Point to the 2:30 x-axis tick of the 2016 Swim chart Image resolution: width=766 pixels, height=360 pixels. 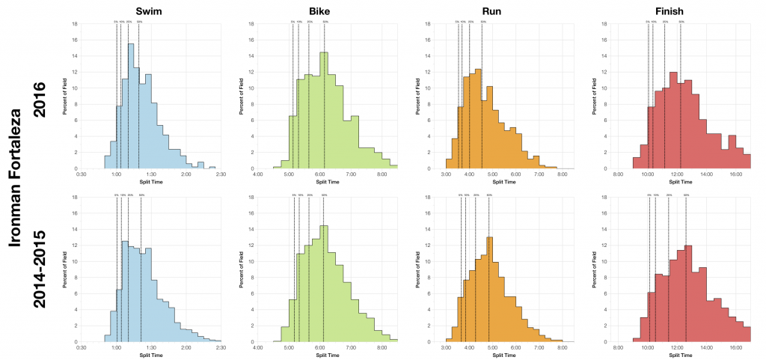pyautogui.click(x=215, y=174)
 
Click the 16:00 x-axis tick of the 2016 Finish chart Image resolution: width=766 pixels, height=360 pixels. pyautogui.click(x=735, y=174)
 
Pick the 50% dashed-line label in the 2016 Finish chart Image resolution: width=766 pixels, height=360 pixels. pyautogui.click(x=681, y=22)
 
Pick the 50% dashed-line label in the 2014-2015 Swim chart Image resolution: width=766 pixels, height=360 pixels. pyautogui.click(x=141, y=195)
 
